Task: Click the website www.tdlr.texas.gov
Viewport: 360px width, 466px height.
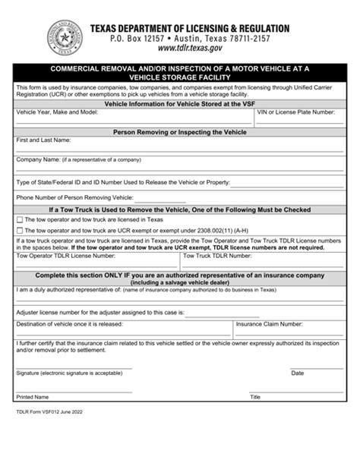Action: pos(178,48)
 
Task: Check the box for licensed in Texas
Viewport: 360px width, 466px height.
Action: pos(19,219)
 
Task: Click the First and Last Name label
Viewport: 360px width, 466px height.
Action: pos(43,140)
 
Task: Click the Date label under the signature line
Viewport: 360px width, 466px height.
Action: pos(297,373)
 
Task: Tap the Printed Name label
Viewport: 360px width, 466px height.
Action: pos(33,397)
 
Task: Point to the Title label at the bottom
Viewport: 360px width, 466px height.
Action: pos(255,397)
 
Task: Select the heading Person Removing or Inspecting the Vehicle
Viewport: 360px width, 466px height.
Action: pos(179,131)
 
